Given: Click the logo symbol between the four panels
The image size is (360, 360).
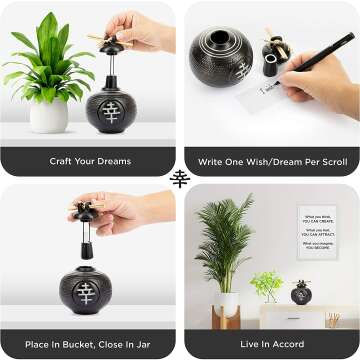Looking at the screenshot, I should (180, 179).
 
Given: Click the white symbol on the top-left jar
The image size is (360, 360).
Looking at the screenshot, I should (110, 110).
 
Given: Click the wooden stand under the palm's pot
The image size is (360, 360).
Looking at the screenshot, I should (226, 319).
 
